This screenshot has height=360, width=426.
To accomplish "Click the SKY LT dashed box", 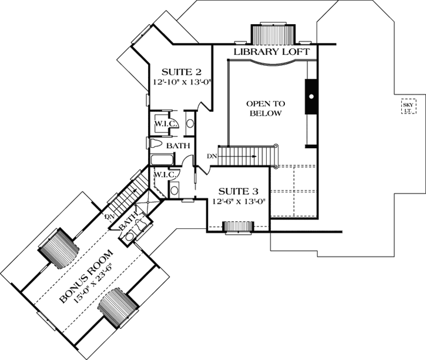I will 407,108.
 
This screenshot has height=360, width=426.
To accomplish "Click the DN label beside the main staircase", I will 213,156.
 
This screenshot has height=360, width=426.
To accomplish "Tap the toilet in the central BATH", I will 155,144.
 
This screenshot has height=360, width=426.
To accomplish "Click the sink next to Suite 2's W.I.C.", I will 190,124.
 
